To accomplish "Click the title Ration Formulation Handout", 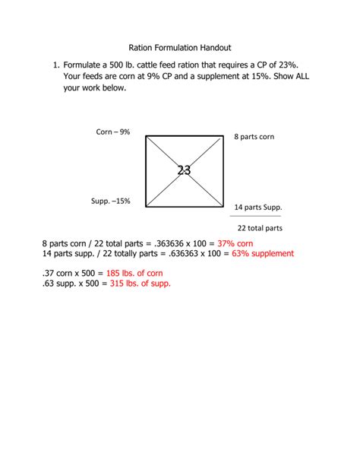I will click(180, 47).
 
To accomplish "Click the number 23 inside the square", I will click(184, 170).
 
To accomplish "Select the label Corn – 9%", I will click(113, 132).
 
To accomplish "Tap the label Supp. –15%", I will click(111, 201).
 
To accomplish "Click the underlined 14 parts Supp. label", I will click(258, 207).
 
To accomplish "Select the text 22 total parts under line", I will click(260, 227).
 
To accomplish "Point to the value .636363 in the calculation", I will click(171, 253).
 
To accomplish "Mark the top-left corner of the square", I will click(146, 136).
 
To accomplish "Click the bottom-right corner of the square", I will click(223, 207).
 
